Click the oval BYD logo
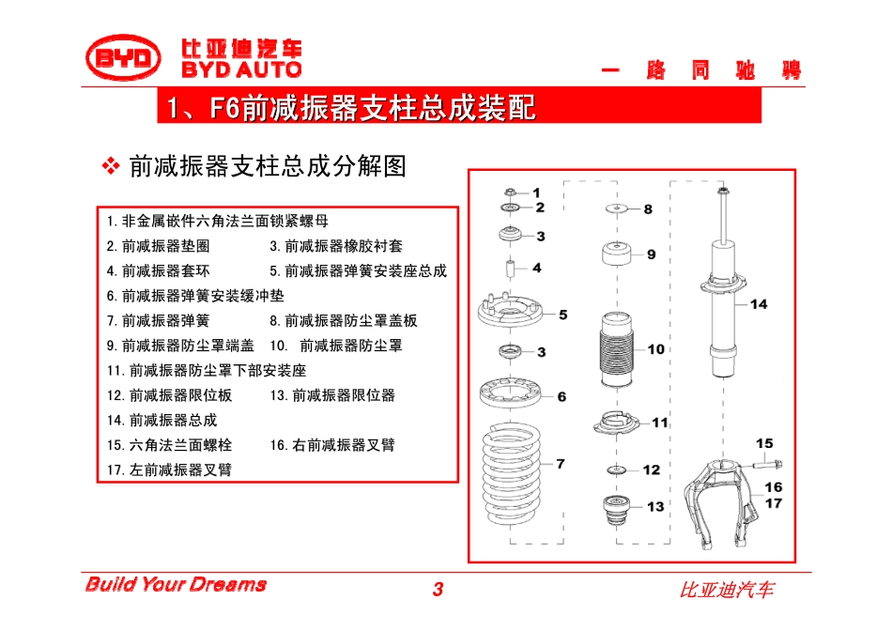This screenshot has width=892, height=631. (x=123, y=57)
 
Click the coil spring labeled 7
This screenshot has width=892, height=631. (x=511, y=473)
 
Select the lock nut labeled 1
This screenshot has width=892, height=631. (x=510, y=192)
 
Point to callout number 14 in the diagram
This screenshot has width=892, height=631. (x=759, y=304)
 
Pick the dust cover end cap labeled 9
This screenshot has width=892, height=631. (x=617, y=254)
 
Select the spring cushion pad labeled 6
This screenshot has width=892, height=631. (x=510, y=393)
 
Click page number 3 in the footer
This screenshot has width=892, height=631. (x=438, y=590)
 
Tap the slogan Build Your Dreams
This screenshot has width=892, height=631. (x=176, y=584)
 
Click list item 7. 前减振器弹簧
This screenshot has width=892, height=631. (x=158, y=321)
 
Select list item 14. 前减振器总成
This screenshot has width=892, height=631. (x=162, y=421)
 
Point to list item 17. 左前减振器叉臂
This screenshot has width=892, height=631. (x=170, y=470)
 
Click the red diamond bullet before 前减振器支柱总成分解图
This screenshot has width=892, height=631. (x=111, y=166)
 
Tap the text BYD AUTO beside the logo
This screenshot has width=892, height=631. (x=241, y=69)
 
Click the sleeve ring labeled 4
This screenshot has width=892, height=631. (x=510, y=268)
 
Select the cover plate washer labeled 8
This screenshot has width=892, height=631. (x=616, y=208)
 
